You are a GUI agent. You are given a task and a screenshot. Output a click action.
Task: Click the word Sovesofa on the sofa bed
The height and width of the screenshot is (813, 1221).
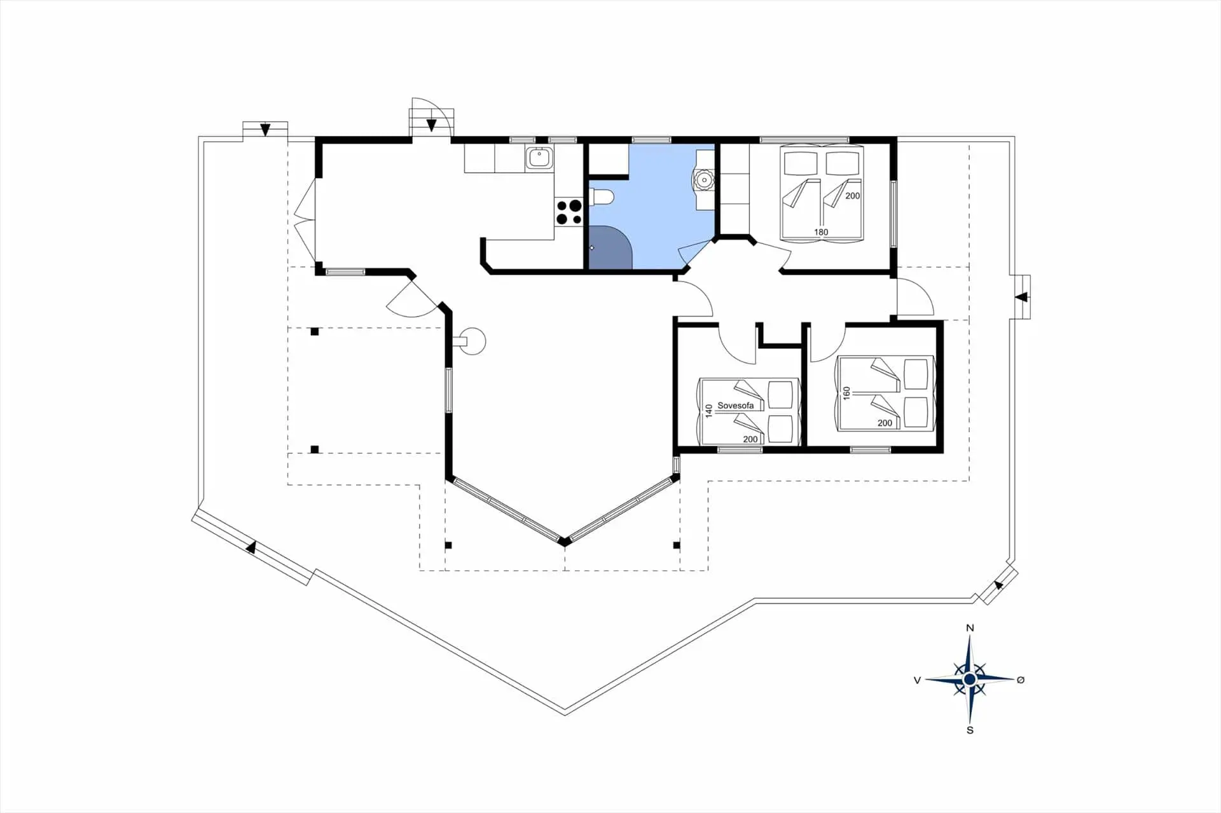(735, 406)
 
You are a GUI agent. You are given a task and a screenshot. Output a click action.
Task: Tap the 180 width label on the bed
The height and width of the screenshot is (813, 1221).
(821, 232)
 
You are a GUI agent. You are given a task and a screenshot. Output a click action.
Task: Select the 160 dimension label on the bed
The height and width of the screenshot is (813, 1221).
(846, 393)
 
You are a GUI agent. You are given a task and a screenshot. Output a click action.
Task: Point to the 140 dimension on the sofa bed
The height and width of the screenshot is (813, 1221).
(709, 411)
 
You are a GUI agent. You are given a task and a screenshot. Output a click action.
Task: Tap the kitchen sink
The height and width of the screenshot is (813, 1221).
(539, 157)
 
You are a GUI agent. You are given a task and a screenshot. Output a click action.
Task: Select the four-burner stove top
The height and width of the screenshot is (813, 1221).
(569, 212)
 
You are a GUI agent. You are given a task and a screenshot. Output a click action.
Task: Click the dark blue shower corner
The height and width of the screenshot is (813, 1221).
(609, 247)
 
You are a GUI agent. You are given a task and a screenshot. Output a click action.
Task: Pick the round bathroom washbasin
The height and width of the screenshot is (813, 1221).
(704, 180)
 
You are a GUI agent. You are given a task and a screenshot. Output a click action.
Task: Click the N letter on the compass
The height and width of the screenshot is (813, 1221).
(970, 628)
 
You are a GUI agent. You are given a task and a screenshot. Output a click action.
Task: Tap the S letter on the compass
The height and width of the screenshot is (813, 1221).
(970, 730)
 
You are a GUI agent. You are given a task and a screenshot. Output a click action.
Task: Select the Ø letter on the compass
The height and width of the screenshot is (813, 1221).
(1021, 680)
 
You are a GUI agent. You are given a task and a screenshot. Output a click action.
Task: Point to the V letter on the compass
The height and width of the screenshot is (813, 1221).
(917, 680)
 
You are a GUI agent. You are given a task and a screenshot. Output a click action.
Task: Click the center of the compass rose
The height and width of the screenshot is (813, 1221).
(969, 680)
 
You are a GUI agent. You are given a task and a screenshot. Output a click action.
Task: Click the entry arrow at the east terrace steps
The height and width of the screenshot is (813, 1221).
(1021, 297)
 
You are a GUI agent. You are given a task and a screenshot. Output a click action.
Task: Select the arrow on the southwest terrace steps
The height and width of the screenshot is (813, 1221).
(252, 547)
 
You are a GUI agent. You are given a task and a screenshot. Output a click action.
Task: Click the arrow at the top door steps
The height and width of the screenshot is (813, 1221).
(431, 125)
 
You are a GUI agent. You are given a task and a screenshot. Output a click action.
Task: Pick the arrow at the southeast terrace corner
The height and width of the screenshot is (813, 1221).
(999, 585)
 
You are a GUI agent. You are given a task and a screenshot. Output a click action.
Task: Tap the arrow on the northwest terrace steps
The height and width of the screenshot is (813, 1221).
(265, 130)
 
